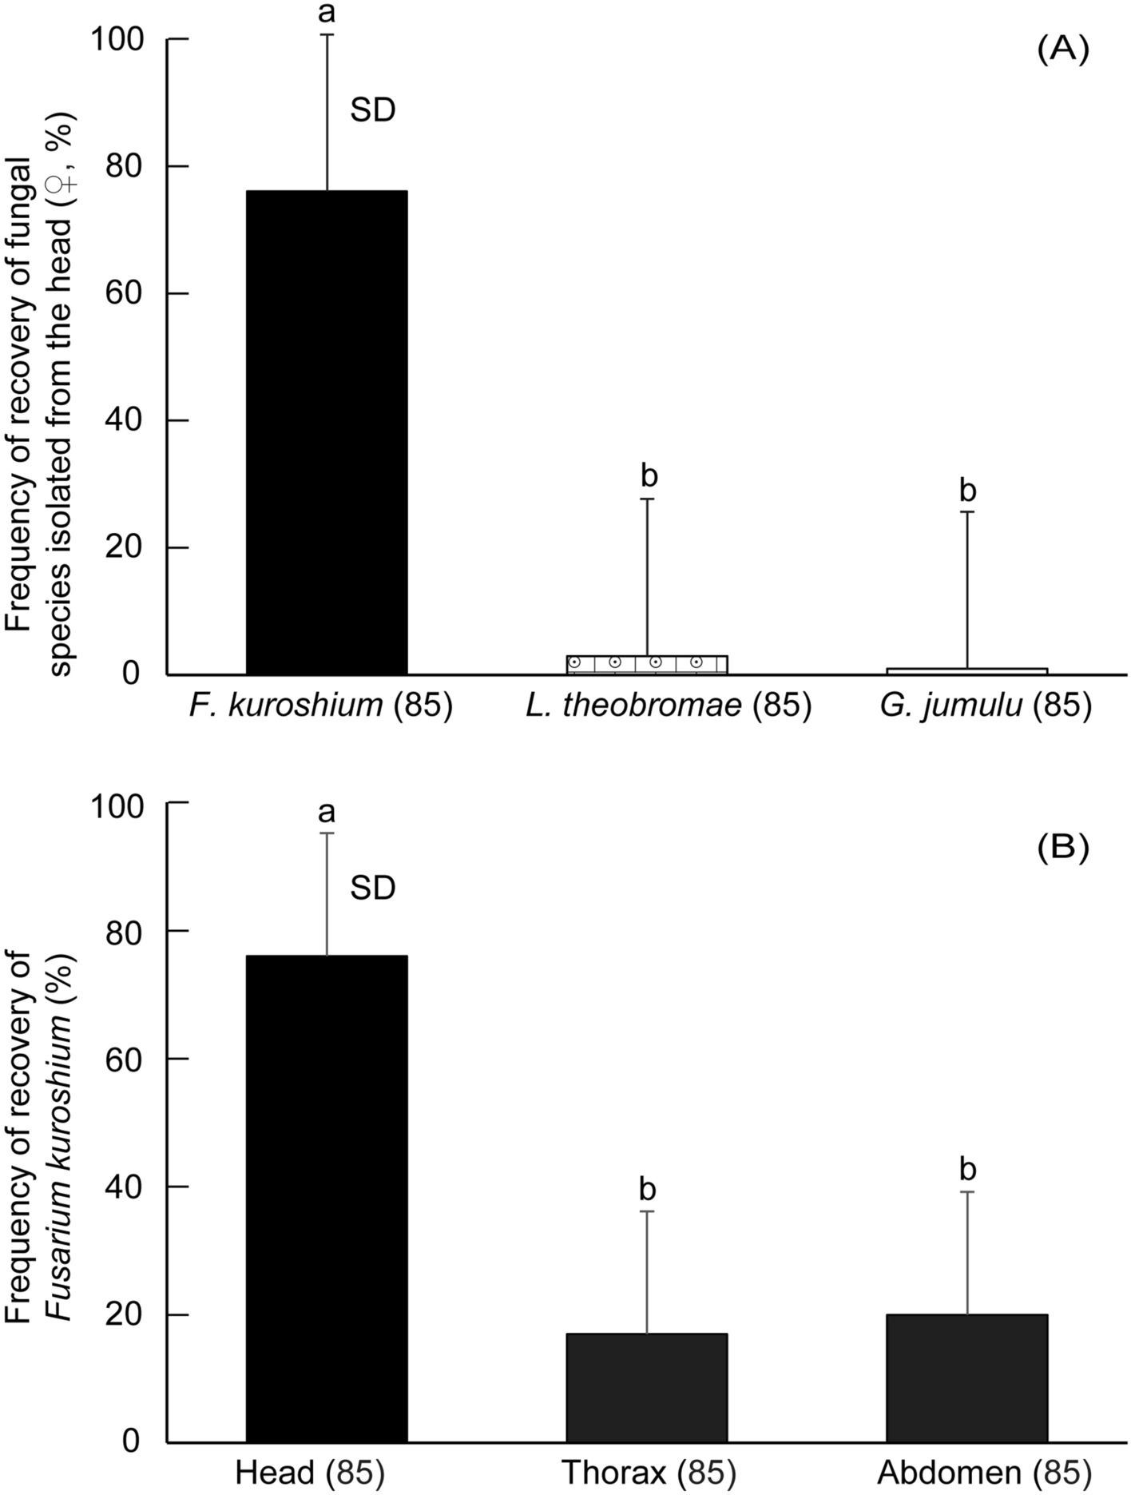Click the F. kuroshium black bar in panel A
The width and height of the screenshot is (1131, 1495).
click(x=327, y=432)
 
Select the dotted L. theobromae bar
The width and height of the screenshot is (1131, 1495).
click(x=647, y=665)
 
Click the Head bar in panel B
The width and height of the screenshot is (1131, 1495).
click(x=327, y=1199)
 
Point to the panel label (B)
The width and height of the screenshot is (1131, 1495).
click(x=1063, y=848)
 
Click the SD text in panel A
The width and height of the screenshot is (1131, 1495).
click(x=373, y=110)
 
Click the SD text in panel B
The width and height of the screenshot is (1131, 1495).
click(x=373, y=888)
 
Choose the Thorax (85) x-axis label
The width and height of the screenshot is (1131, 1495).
click(x=648, y=1472)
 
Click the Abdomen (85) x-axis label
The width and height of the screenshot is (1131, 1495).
click(x=984, y=1472)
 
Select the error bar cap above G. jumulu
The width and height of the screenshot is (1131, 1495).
click(x=967, y=511)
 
